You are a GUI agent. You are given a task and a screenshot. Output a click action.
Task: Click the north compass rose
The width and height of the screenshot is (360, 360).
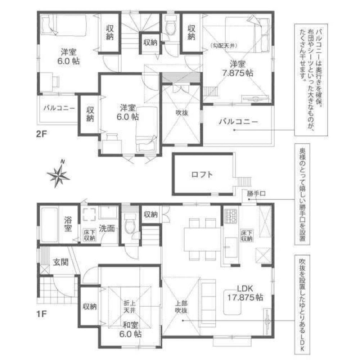(58, 175)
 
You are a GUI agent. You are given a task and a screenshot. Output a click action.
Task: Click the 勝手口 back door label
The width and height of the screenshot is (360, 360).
(256, 193)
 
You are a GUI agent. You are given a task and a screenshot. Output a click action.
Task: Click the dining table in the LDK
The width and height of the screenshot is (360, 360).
(202, 239)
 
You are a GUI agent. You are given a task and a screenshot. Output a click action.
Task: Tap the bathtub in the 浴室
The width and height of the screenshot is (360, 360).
(49, 226)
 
